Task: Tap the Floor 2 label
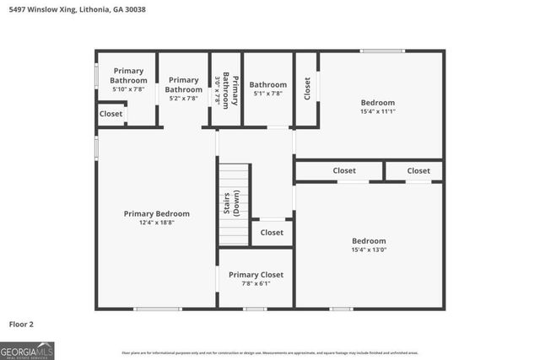pos(22,324)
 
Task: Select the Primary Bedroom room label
pos(156,213)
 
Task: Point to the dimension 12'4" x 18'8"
pos(156,224)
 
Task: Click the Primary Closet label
pos(256,274)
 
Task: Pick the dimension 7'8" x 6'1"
pos(256,285)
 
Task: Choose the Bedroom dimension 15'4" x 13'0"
pos(369,250)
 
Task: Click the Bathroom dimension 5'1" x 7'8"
pos(267,94)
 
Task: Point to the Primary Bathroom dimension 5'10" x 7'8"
pos(128,89)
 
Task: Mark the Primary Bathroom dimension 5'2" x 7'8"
pos(183,99)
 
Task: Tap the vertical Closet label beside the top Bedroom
pos(307,89)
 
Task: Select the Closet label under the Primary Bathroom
pos(111,114)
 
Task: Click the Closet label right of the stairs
pos(272,233)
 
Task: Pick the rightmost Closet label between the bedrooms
pos(418,170)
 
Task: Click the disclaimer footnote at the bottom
pos(270,352)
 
